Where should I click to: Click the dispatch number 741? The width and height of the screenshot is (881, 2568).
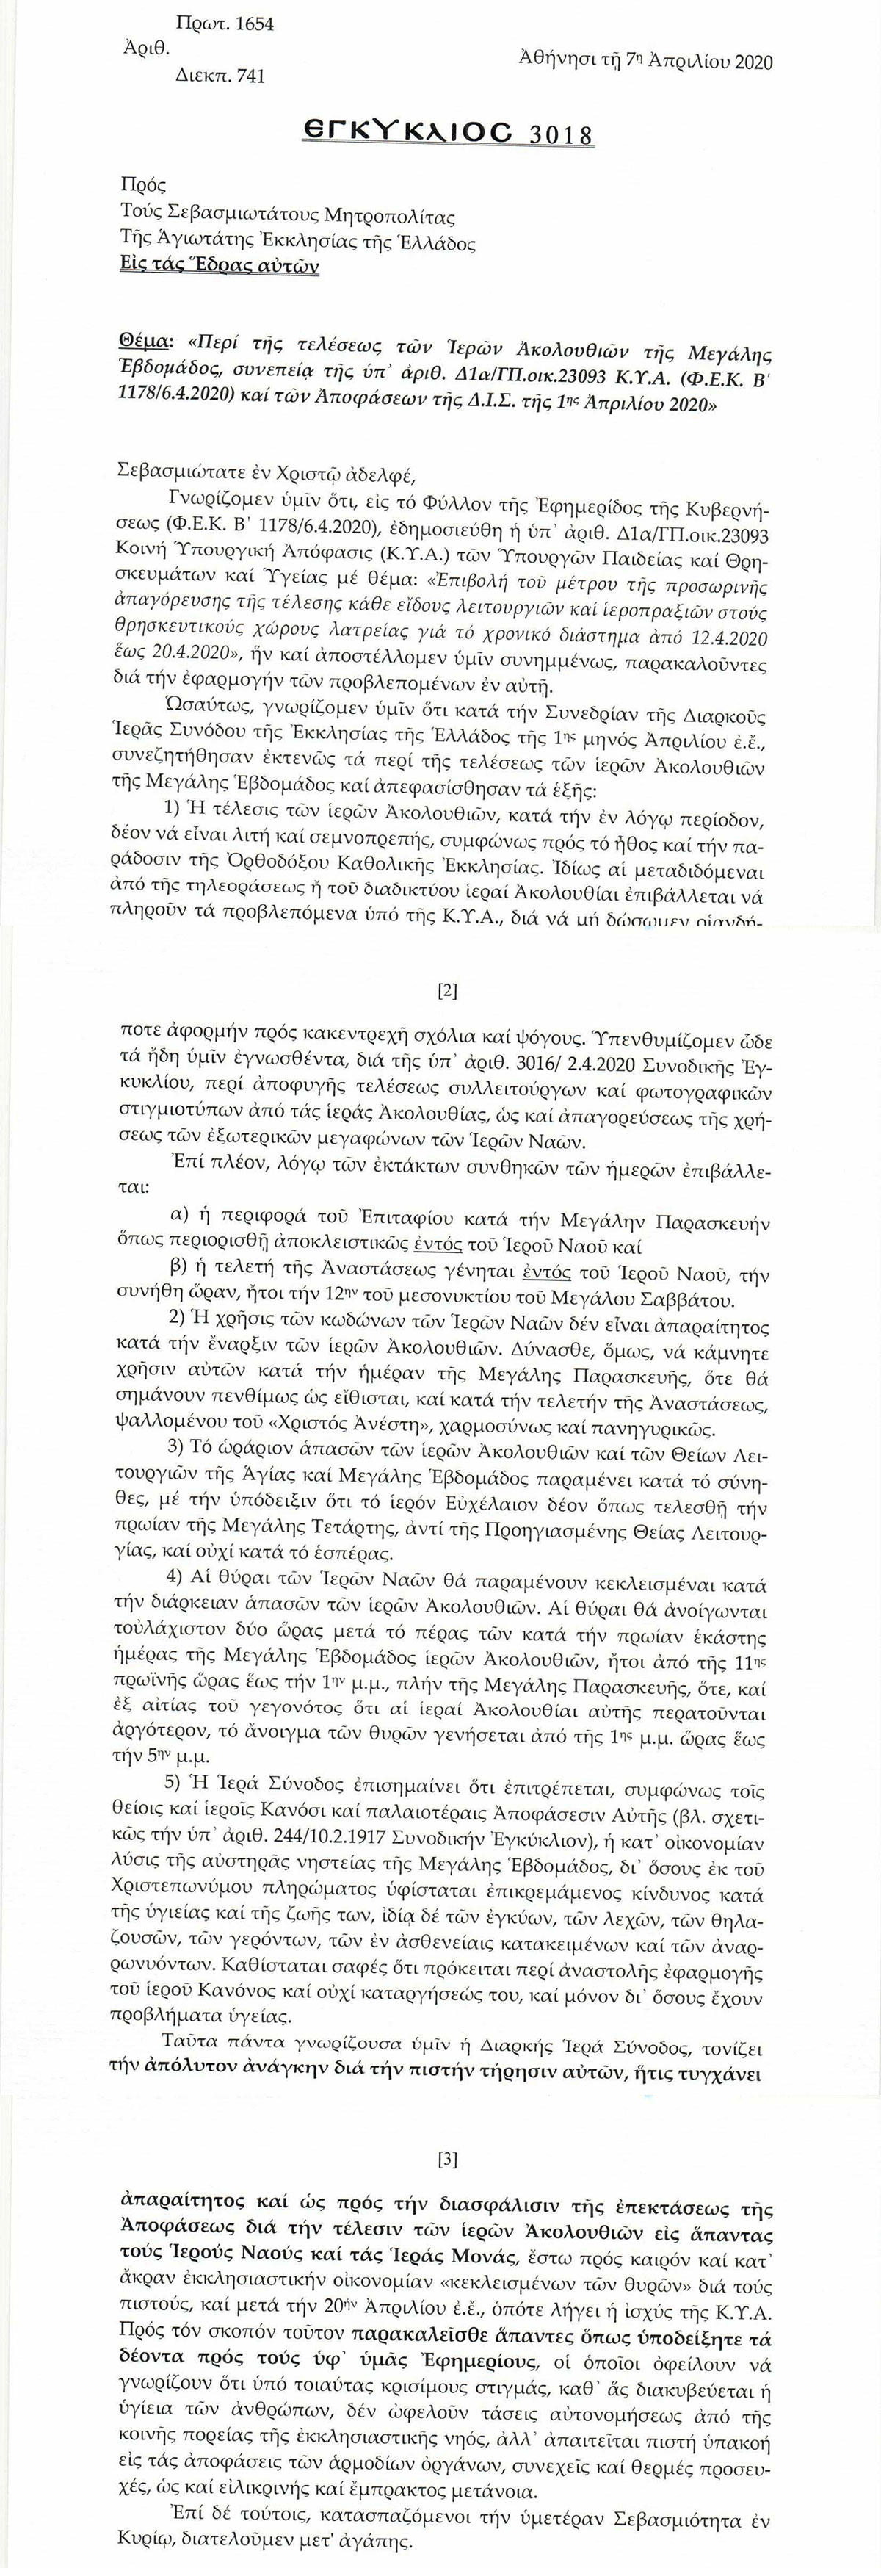tap(248, 76)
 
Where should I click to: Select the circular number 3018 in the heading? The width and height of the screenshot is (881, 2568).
tap(560, 134)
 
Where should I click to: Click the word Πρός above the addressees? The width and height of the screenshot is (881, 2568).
tap(142, 184)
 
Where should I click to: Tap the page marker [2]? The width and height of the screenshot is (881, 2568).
tap(448, 991)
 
